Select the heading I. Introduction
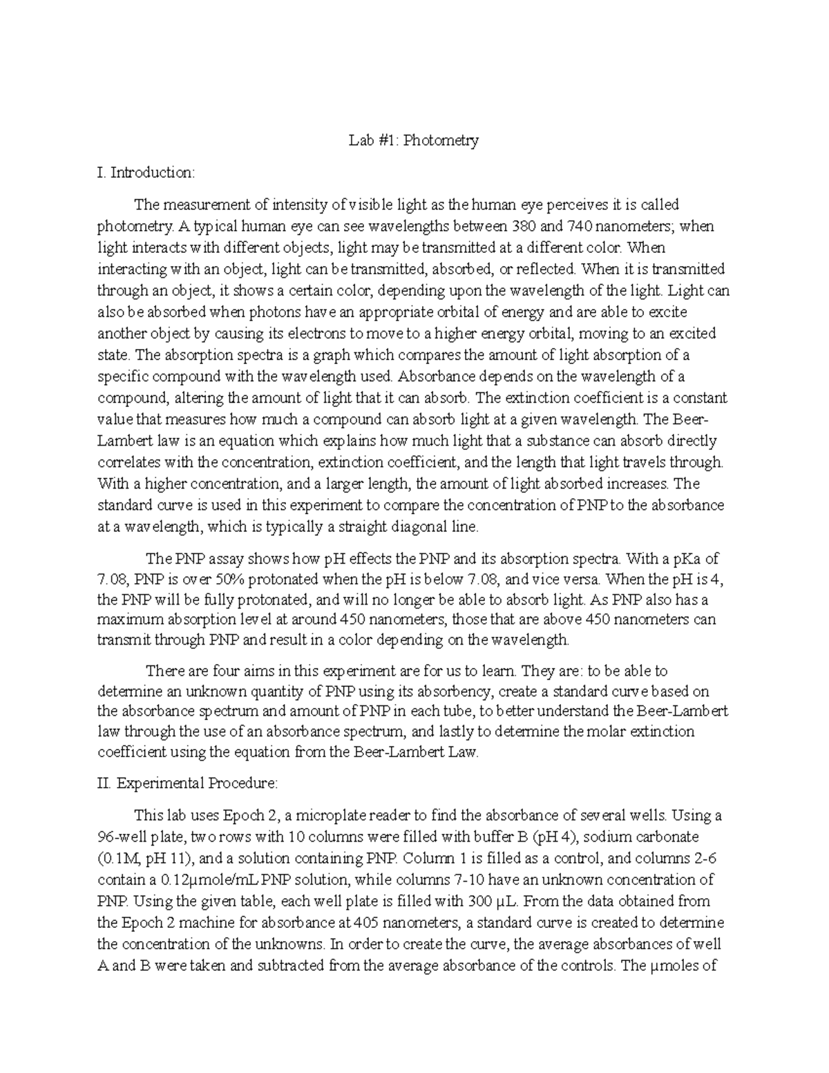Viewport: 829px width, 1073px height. tap(146, 173)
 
